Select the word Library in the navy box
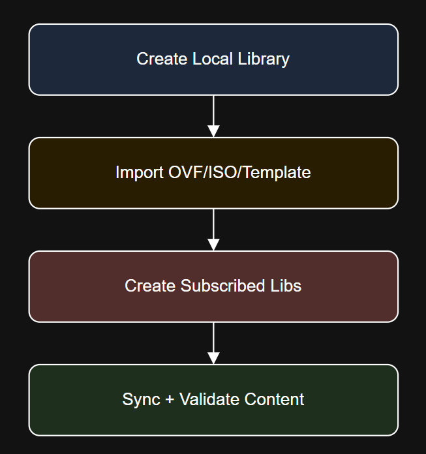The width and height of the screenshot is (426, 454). tap(264, 59)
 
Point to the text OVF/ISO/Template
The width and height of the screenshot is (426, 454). tap(237, 173)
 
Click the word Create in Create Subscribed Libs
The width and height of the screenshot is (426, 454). tap(150, 286)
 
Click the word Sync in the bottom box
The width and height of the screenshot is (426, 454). tap(137, 399)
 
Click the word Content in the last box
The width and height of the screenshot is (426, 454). tap(274, 399)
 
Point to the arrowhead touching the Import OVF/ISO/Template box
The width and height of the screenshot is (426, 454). tap(213, 131)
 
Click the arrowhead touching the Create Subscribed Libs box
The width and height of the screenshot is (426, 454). tap(213, 245)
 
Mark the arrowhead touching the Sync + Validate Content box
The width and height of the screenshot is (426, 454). tap(213, 358)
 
